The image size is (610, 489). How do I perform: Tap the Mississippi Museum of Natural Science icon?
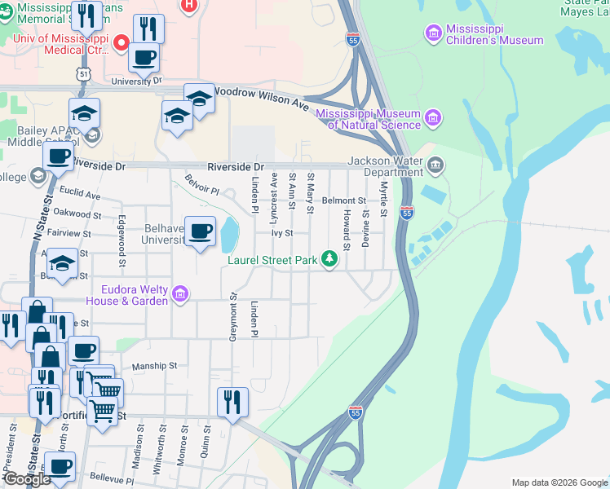tap(433, 118)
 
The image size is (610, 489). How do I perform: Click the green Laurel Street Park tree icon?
tap(329, 260)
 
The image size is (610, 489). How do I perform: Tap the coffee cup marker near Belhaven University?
tap(201, 232)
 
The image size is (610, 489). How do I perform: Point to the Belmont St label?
tap(343, 200)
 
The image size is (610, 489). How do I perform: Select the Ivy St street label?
tap(282, 232)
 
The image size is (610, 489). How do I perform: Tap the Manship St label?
tap(154, 366)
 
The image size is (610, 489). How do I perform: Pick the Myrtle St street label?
tap(382, 193)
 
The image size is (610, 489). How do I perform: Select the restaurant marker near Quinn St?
tap(232, 401)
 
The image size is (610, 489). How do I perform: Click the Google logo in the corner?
tap(26, 479)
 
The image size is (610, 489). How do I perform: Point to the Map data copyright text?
tap(559, 482)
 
